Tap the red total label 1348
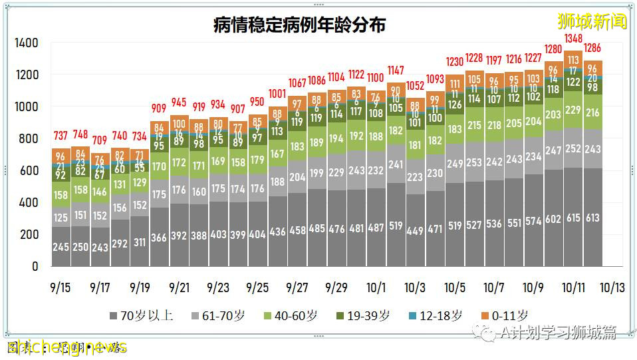[x=573, y=39]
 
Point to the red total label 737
[x=61, y=136]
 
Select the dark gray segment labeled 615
[x=573, y=218]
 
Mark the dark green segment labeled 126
[x=455, y=104]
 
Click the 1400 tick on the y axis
[x=27, y=43]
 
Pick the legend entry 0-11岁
[x=503, y=316]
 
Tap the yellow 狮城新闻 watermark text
[x=592, y=21]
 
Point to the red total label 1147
[x=396, y=71]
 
